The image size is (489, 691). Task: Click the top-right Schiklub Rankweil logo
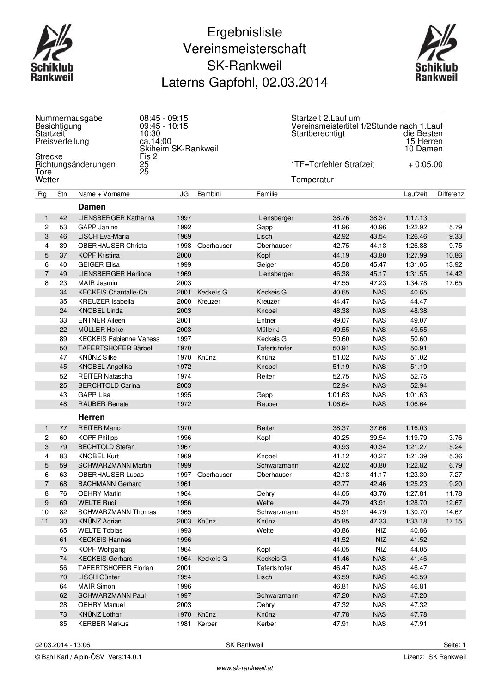click(436, 54)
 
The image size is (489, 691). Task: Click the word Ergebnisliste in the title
click(244, 32)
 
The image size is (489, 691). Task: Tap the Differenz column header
click(450, 194)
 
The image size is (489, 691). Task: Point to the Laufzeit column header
click(415, 194)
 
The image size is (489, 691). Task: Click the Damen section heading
click(92, 207)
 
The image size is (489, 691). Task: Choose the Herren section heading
click(92, 417)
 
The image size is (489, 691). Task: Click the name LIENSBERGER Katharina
click(116, 218)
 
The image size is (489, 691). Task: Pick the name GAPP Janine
click(98, 227)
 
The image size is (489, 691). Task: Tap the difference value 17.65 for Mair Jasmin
click(455, 283)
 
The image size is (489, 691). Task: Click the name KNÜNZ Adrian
click(100, 521)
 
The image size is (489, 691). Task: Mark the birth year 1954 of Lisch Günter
click(184, 577)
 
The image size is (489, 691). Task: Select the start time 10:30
click(150, 133)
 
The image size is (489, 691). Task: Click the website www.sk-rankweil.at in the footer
click(245, 668)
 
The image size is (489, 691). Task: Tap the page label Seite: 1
click(454, 645)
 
